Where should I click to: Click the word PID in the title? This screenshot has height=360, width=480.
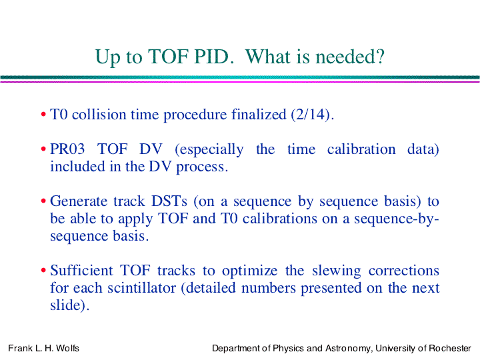tap(212, 57)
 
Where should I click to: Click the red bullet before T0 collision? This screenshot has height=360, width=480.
tap(43, 115)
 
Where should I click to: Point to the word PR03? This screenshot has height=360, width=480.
tap(67, 149)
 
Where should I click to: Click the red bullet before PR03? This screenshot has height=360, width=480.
tap(43, 149)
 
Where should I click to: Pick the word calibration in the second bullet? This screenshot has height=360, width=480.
tap(361, 149)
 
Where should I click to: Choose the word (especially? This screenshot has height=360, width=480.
tap(209, 150)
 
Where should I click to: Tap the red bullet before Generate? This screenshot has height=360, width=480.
tap(43, 201)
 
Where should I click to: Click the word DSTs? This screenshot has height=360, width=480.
tap(169, 201)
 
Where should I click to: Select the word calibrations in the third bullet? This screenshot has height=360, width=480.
tap(280, 219)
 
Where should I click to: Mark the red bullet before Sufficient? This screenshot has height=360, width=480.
tap(43, 271)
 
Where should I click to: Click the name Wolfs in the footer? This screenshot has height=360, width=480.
tap(67, 348)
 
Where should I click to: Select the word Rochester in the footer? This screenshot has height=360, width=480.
tap(450, 348)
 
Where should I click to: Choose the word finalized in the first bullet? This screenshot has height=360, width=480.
tap(259, 115)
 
